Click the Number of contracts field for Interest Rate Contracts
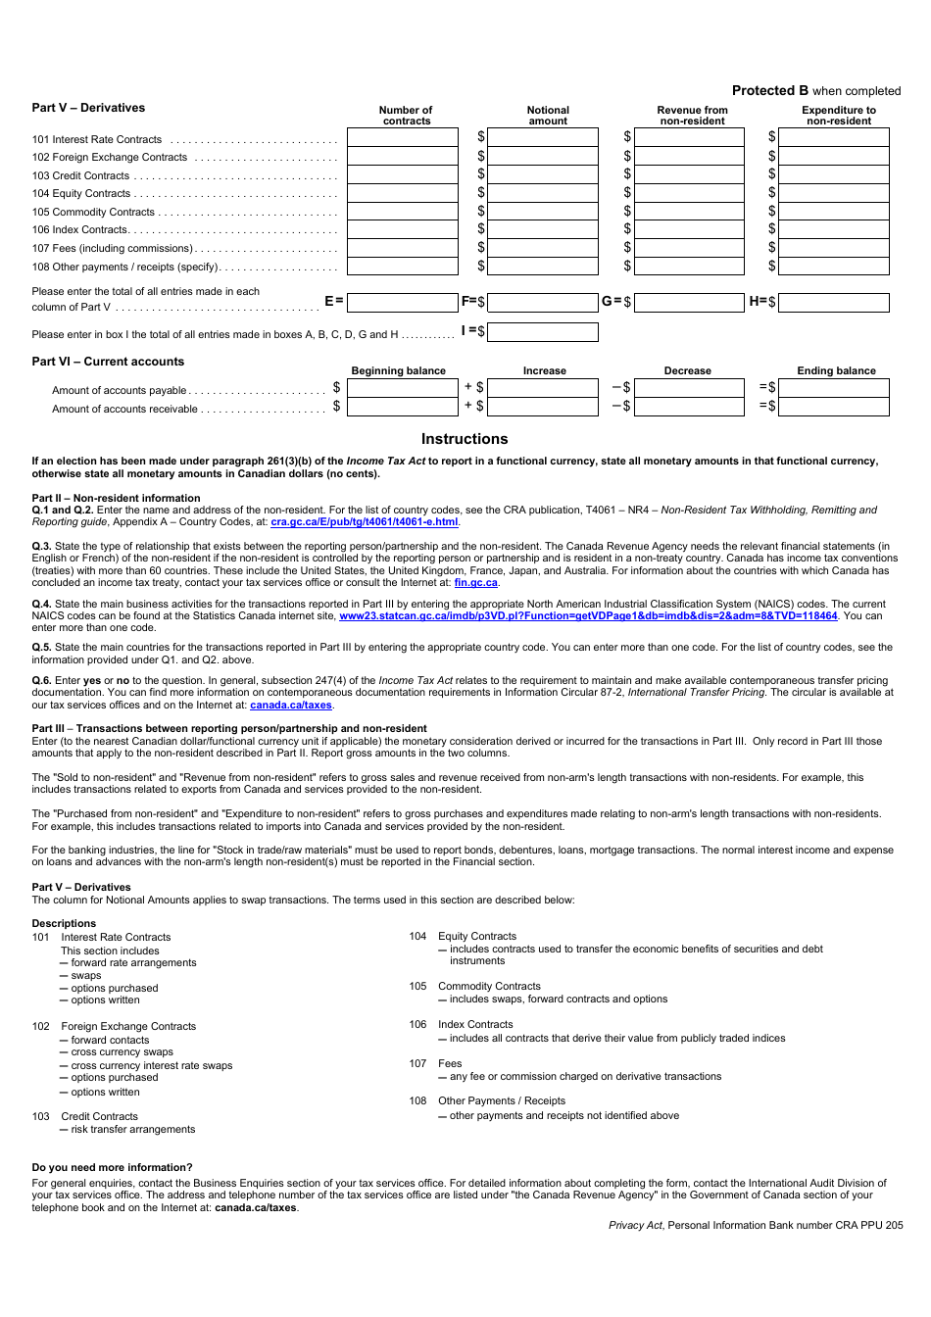coord(402,138)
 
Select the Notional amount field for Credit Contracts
coord(542,174)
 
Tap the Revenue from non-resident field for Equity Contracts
coord(689,193)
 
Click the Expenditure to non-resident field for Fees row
coord(833,248)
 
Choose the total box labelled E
coord(402,303)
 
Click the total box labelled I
coord(542,332)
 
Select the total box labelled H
coord(833,303)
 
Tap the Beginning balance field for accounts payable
coord(402,388)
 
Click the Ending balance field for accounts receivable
coord(833,407)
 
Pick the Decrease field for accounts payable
coord(689,388)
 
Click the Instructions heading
coord(465,439)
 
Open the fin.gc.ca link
coord(475,583)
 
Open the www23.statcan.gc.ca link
coord(588,615)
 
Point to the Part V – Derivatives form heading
coord(88,108)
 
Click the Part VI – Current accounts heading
coord(108,362)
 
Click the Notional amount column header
coord(548,116)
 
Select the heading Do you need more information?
coord(112,1167)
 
